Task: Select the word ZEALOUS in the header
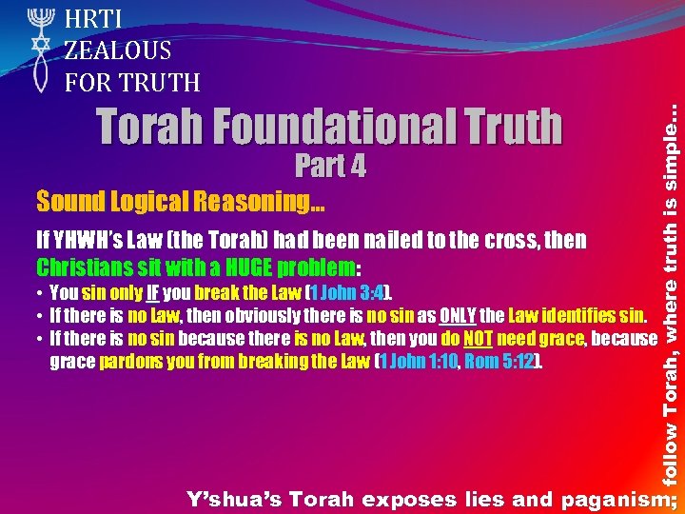(x=118, y=49)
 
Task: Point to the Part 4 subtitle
(x=330, y=167)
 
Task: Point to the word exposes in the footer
(x=399, y=498)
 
